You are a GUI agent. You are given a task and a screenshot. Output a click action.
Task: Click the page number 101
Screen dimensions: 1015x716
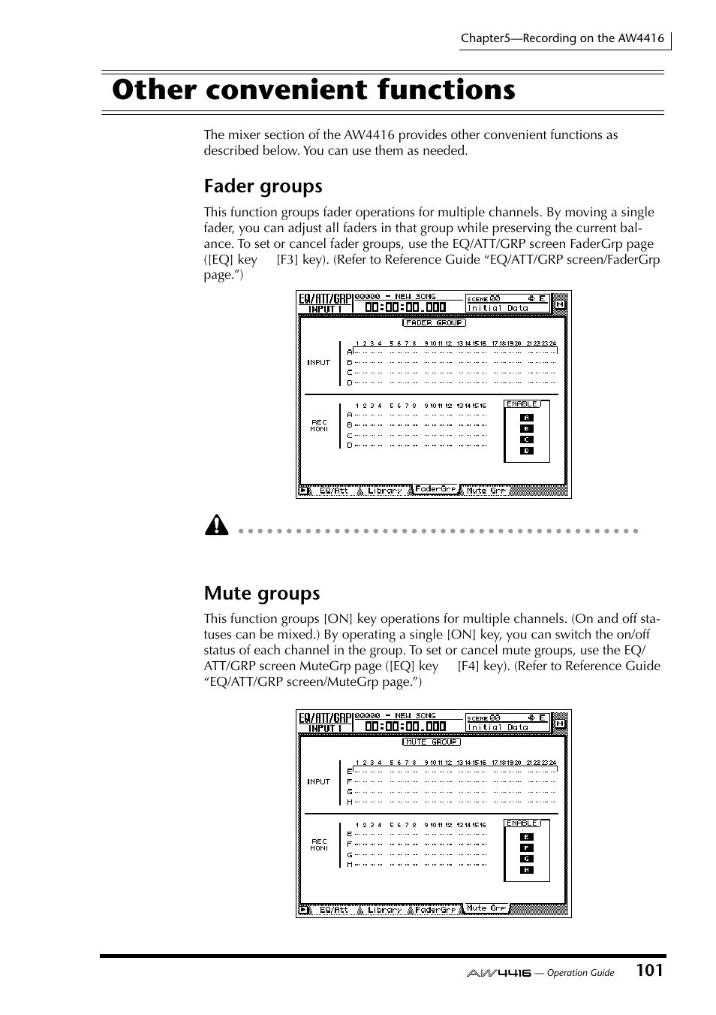[x=648, y=970]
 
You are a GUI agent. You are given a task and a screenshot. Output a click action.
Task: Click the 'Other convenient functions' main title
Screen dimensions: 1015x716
[x=314, y=90]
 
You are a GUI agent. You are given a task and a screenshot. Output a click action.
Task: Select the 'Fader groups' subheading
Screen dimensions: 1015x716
[x=263, y=186]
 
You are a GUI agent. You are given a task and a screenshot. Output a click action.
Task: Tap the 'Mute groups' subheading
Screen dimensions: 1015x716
[x=261, y=593]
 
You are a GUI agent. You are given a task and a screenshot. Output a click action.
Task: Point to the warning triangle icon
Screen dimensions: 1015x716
[x=215, y=525]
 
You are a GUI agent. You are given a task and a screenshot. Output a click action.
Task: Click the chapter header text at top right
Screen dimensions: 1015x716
[x=562, y=38]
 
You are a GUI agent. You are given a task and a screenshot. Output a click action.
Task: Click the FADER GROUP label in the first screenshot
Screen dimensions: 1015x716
[x=434, y=322]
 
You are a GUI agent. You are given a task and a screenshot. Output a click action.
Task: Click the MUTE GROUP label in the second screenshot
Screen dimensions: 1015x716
[x=431, y=742]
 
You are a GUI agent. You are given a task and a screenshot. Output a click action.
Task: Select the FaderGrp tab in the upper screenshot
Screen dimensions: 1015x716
[x=435, y=489]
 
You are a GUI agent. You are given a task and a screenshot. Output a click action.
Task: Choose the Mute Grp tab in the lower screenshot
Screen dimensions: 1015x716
[x=486, y=908]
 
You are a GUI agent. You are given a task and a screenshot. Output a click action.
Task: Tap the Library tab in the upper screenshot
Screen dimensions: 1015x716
[x=384, y=491]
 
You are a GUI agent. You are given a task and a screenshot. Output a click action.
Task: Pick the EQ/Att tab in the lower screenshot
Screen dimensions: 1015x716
[x=334, y=910]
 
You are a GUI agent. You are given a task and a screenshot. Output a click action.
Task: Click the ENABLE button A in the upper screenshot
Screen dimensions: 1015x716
[x=526, y=418]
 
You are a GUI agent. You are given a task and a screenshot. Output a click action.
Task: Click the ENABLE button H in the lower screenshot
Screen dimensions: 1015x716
[x=526, y=870]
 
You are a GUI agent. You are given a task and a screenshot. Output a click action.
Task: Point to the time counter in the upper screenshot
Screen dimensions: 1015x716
[x=405, y=307]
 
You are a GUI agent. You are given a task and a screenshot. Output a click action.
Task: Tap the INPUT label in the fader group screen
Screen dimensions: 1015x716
[x=318, y=362]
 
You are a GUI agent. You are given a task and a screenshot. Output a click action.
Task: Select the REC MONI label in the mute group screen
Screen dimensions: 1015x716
[x=319, y=844]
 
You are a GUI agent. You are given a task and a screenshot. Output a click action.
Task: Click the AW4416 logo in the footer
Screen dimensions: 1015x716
[x=498, y=972]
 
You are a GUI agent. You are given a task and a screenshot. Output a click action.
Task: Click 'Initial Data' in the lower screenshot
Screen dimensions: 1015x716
[x=498, y=727]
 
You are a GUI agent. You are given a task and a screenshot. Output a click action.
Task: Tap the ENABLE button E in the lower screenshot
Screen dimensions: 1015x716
[x=526, y=837]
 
